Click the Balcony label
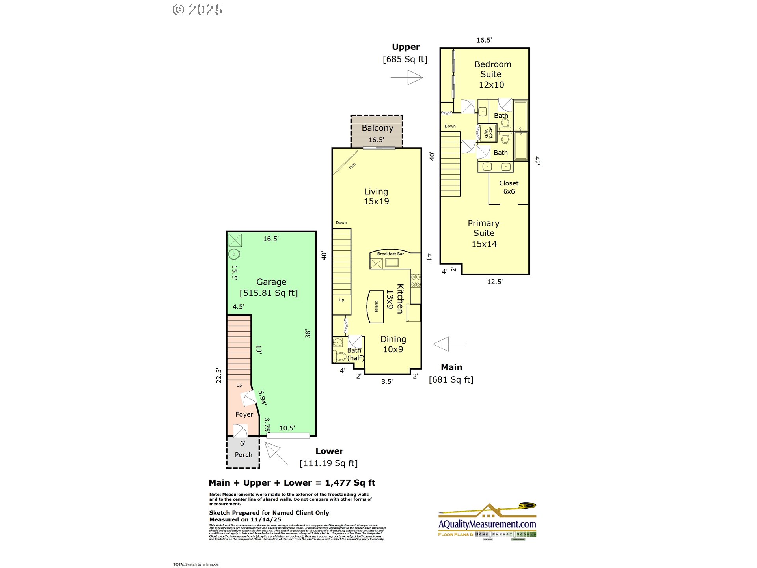pyautogui.click(x=377, y=128)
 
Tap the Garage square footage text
pyautogui.click(x=268, y=293)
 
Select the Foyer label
pyautogui.click(x=244, y=414)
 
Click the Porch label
pyautogui.click(x=243, y=455)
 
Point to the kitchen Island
pyautogui.click(x=375, y=306)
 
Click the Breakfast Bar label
pyautogui.click(x=390, y=254)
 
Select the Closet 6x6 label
pyautogui.click(x=509, y=187)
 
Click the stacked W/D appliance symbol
pyautogui.click(x=488, y=133)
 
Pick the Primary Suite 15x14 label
pyautogui.click(x=484, y=234)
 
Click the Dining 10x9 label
pyautogui.click(x=393, y=344)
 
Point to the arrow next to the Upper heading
pyautogui.click(x=408, y=77)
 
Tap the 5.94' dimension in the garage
pyautogui.click(x=262, y=398)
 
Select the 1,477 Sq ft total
pyautogui.click(x=350, y=483)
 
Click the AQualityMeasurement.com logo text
pyautogui.click(x=487, y=524)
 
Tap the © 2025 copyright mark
pyautogui.click(x=198, y=10)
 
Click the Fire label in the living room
pyautogui.click(x=352, y=166)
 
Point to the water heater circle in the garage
pyautogui.click(x=234, y=254)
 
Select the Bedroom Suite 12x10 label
pyautogui.click(x=492, y=75)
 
